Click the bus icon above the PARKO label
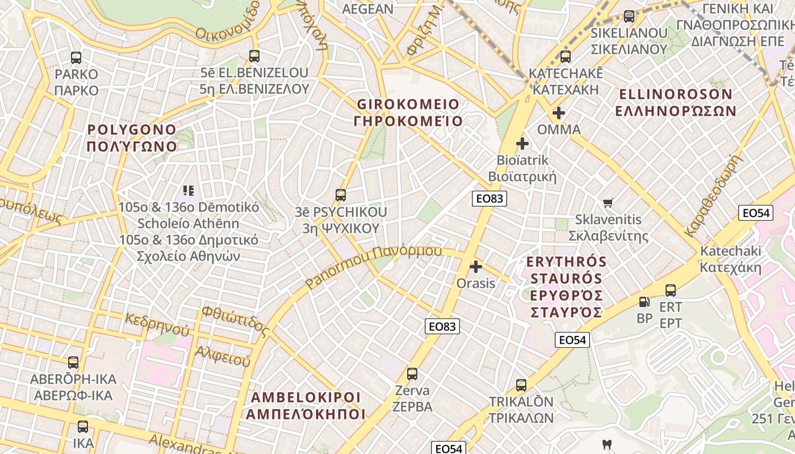click(76, 57)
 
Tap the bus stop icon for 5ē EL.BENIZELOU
click(254, 56)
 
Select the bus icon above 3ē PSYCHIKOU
click(341, 195)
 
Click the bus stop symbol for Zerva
click(412, 374)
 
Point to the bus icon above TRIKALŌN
click(521, 385)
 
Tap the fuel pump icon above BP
click(644, 302)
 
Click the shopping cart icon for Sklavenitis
click(608, 203)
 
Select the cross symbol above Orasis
click(476, 266)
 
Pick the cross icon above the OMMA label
click(559, 113)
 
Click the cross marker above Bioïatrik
click(522, 144)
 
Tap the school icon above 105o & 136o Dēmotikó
click(189, 191)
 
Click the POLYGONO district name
click(132, 138)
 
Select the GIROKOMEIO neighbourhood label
click(408, 112)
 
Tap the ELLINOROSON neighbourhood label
click(676, 102)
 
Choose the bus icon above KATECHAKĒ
click(565, 57)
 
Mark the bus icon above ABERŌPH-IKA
click(73, 362)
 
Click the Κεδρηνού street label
click(157, 324)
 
